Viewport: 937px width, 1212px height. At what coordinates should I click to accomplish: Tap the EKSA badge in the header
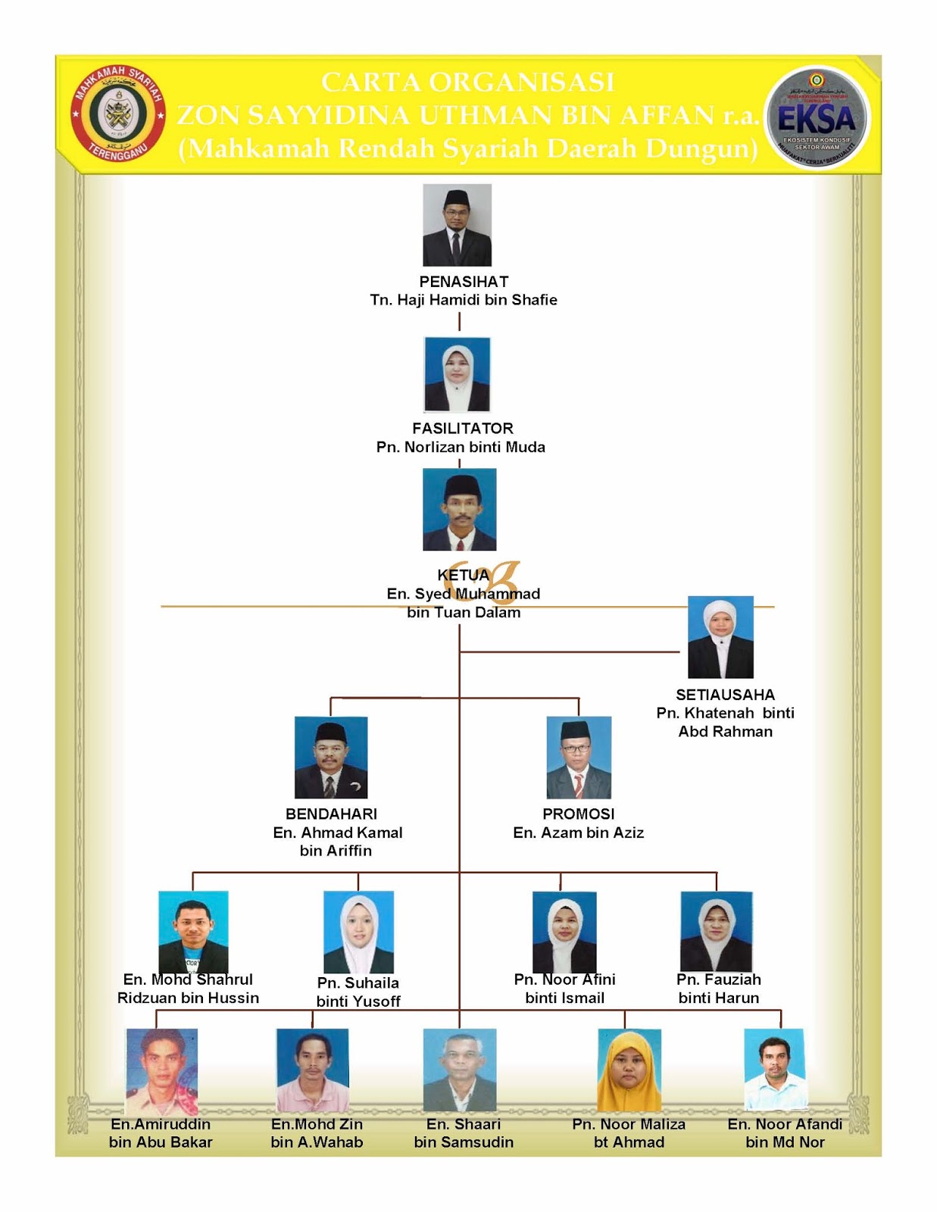pos(817,117)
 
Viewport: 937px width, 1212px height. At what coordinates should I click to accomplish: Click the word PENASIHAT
pos(464,281)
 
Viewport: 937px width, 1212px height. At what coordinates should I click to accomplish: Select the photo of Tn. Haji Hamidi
pos(457,225)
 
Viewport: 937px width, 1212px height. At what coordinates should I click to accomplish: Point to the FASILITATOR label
pos(463,428)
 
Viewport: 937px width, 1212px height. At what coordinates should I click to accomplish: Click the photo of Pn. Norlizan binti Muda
pos(457,375)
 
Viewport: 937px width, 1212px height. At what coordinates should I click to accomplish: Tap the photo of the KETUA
pos(459,509)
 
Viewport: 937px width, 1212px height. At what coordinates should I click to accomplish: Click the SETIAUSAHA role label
pos(725,695)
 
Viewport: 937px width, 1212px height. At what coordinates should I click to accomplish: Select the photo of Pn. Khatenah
pos(720,637)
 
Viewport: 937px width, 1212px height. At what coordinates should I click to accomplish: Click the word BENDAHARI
pos(331,814)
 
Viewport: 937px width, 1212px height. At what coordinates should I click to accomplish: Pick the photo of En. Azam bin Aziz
pos(579,757)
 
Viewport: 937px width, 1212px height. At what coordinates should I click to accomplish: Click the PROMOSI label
pos(578,814)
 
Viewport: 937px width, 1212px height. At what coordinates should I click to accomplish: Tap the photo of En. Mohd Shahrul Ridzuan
pos(193,932)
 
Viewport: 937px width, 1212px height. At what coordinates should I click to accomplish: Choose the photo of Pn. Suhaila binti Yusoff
pos(358,932)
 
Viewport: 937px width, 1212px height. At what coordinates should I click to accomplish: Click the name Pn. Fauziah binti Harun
pos(718,989)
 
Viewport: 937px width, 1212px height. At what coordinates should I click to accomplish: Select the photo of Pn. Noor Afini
pos(564,932)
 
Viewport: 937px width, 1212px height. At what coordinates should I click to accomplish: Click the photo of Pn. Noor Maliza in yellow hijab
pos(629,1070)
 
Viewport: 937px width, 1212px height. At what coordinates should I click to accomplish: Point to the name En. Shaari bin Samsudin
pos(464,1133)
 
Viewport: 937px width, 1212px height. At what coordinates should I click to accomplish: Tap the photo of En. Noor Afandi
pos(774,1069)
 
